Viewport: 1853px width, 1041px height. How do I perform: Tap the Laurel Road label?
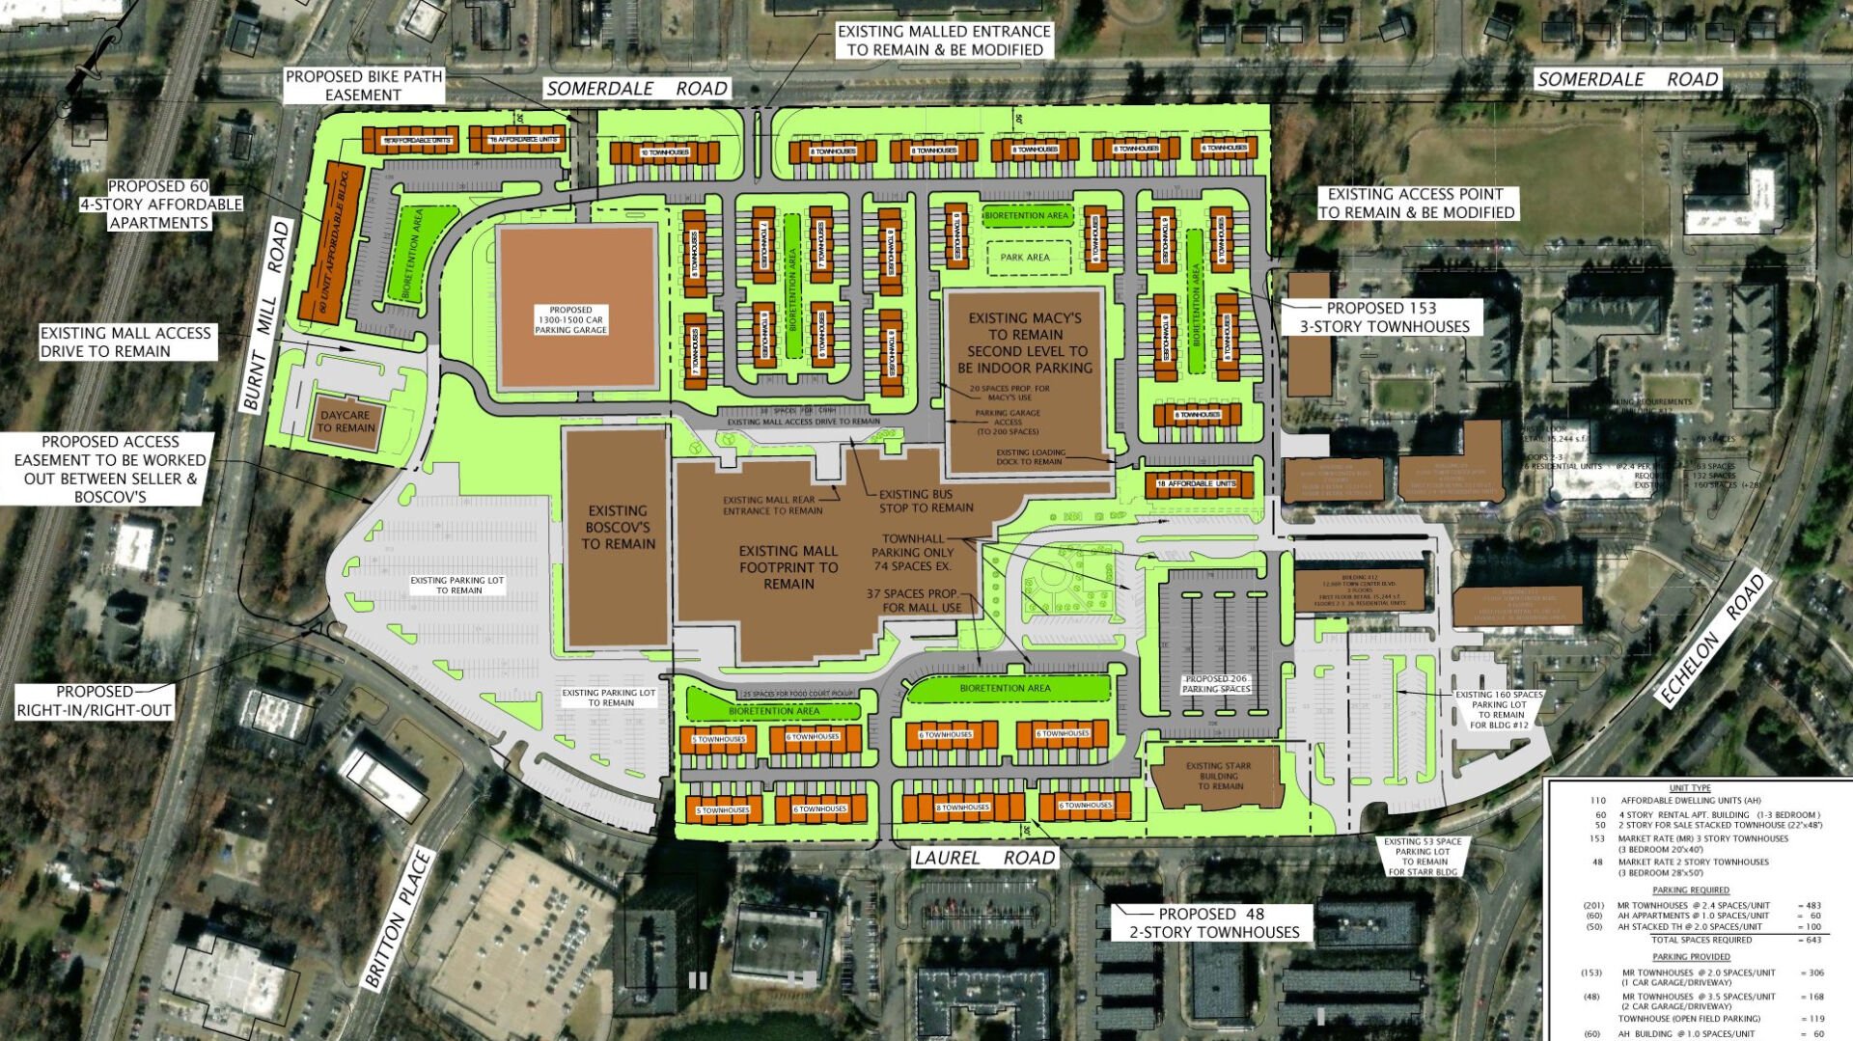click(x=984, y=857)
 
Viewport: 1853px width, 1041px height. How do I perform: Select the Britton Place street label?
click(x=398, y=918)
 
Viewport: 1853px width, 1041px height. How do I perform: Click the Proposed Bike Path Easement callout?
click(x=364, y=85)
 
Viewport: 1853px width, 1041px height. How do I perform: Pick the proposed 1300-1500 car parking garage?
click(x=576, y=307)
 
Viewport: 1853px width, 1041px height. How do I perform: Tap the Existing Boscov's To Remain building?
click(x=618, y=535)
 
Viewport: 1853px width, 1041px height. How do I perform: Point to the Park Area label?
click(x=1025, y=258)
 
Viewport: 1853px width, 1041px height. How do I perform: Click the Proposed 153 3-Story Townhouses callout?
click(x=1384, y=317)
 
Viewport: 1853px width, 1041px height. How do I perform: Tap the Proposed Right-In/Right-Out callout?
click(x=94, y=701)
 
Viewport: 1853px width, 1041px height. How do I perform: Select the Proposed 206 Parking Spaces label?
click(x=1216, y=684)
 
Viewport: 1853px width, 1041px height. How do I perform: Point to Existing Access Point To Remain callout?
click(x=1416, y=204)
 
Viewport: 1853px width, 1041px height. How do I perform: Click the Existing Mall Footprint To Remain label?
click(x=788, y=567)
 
